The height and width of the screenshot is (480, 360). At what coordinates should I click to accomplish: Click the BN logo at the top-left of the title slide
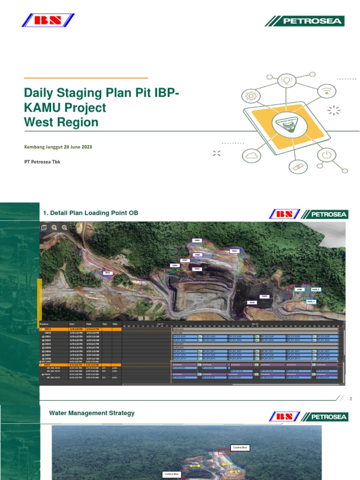coord(48,20)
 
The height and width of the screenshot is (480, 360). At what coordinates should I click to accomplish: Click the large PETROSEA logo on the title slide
coord(304,21)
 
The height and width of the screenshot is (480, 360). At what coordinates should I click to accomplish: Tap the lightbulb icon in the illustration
coord(286,80)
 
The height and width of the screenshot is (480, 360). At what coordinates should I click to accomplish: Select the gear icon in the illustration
coord(250,96)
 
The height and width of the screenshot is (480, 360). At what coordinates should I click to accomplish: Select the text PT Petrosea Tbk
coord(42,162)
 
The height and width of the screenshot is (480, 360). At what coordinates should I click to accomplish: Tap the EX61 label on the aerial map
coord(107,272)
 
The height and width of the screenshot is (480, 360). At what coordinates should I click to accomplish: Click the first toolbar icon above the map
coord(44,227)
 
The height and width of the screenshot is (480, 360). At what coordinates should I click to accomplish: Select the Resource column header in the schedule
coord(45,324)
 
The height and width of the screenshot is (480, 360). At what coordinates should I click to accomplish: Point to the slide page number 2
coord(351,398)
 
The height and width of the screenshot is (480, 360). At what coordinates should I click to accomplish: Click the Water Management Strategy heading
coord(92,413)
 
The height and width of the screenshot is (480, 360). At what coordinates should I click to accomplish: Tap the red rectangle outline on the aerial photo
coord(224,451)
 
